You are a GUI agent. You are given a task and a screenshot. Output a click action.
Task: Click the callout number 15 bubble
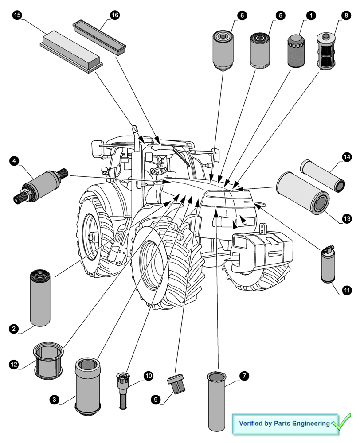coord(17,16)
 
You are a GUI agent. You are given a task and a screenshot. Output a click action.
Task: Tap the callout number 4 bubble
coord(15,160)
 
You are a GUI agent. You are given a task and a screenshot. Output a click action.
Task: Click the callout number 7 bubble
coord(243,376)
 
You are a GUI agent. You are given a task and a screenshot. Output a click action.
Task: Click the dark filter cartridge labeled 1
coord(297,50)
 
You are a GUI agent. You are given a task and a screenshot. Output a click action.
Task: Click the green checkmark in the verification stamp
coord(341,422)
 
